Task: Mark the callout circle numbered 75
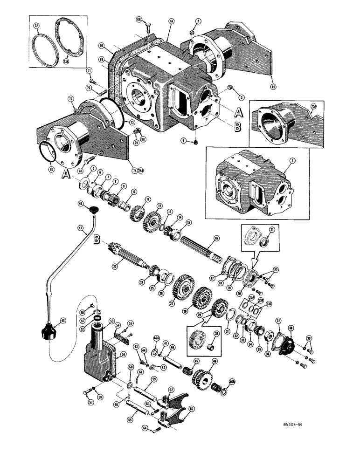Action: coord(273,86)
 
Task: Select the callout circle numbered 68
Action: coord(138,20)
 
